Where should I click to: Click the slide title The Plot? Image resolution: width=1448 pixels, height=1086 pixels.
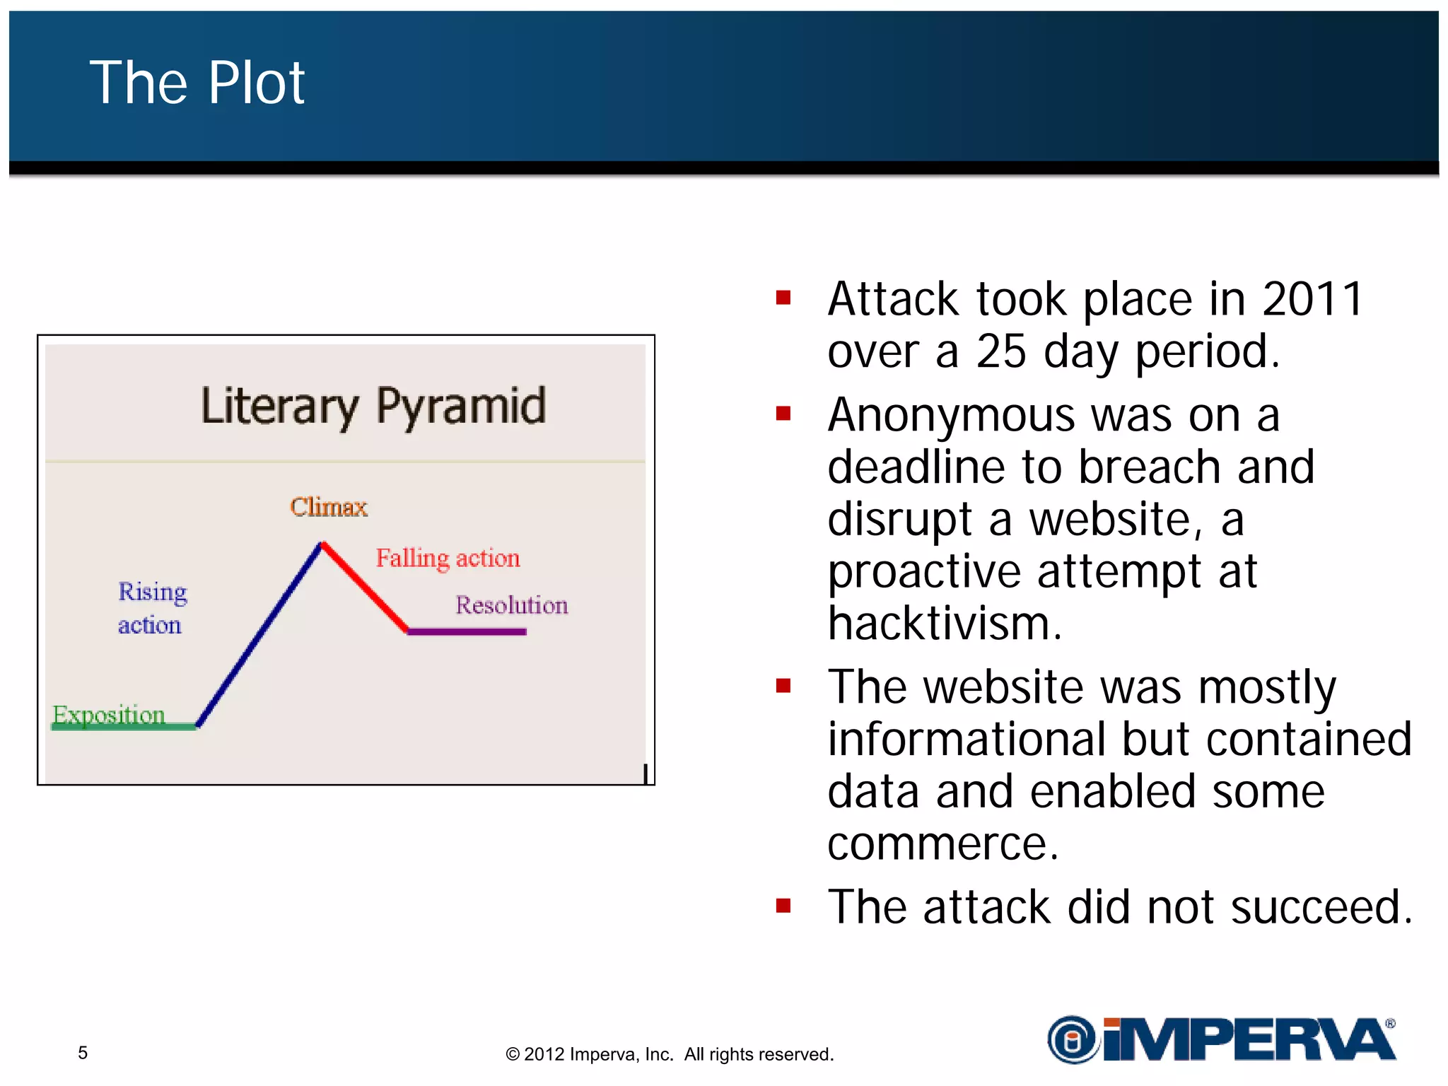pos(197,83)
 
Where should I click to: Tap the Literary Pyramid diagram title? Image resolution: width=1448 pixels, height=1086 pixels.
pos(373,407)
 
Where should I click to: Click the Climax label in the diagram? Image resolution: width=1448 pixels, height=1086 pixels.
pos(329,507)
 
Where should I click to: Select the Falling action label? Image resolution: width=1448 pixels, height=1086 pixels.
pos(448,558)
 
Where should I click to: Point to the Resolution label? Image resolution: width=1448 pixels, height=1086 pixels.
pos(511,605)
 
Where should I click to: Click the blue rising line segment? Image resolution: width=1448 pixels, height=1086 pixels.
pos(259,634)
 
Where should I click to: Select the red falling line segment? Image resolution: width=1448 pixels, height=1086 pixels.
pos(365,587)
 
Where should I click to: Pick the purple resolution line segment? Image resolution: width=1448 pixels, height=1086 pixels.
pos(467,631)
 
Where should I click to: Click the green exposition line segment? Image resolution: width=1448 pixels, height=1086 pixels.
pos(124,727)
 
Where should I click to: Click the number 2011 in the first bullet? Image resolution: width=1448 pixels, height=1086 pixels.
pos(1312,299)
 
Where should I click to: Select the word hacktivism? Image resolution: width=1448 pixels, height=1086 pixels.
pos(945,624)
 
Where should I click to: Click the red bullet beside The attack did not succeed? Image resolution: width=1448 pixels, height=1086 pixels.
pos(783,906)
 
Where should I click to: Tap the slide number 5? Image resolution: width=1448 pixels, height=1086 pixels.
pos(83,1053)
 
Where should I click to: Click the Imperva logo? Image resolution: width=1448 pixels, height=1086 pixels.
pos(1221,1039)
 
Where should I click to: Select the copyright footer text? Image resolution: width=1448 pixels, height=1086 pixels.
pos(670,1054)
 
